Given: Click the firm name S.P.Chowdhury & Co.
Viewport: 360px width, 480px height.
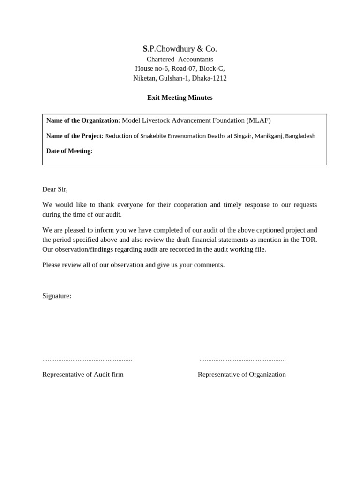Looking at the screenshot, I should click(x=180, y=49).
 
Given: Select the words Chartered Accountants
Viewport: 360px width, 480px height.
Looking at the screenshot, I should click(x=180, y=59).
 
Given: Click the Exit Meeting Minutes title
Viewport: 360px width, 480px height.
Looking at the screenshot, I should click(x=180, y=97).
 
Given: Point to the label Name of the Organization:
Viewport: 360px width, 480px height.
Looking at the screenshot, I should click(x=83, y=120).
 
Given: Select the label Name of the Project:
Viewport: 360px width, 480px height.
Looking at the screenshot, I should click(x=75, y=136).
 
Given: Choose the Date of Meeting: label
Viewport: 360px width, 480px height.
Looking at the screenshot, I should click(x=69, y=151).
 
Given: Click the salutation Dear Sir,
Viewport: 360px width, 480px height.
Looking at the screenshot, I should click(x=55, y=189).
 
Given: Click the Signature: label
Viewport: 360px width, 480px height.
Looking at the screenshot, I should click(x=57, y=296).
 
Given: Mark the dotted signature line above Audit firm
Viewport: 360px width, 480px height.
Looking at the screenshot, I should click(x=87, y=360).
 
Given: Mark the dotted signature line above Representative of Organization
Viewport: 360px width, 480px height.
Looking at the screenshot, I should click(x=242, y=360).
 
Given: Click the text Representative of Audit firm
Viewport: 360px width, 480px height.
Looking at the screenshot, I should click(x=83, y=375).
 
